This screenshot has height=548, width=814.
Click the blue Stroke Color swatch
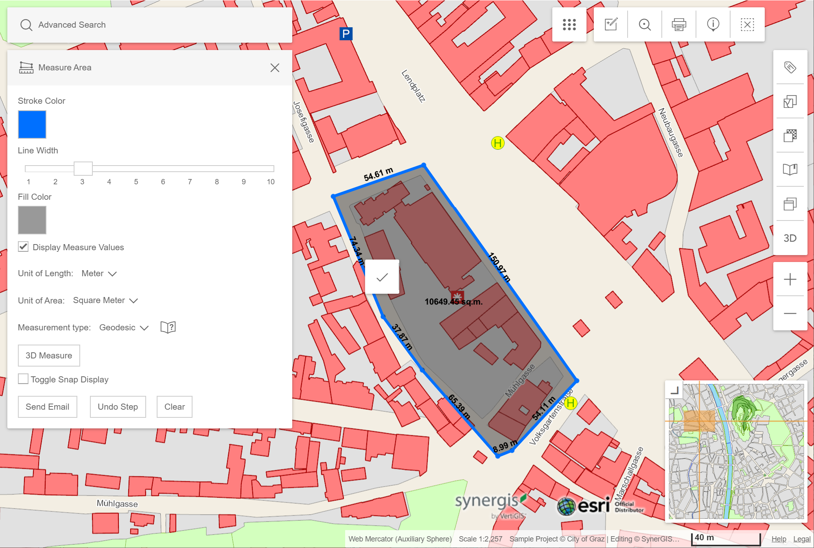point(32,124)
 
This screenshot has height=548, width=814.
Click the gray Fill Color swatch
point(32,220)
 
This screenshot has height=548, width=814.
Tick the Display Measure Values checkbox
point(23,247)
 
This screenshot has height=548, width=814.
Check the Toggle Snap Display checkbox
point(23,379)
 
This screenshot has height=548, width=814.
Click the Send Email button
point(47,406)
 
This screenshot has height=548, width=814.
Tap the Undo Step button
point(118,406)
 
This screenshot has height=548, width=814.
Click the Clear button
point(174,406)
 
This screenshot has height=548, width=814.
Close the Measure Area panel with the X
point(275,68)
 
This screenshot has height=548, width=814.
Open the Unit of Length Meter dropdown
point(99,273)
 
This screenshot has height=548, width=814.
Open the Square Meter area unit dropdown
point(105,300)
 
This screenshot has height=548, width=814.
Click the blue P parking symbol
point(346,34)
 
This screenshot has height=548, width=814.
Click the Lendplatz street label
point(413,86)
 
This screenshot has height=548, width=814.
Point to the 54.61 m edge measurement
point(378,174)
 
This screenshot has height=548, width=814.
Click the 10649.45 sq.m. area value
point(453,301)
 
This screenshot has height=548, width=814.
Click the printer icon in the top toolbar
point(678,24)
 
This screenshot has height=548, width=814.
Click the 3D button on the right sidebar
point(790,238)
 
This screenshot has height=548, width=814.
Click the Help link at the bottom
point(778,539)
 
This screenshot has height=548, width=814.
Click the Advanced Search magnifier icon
point(26,25)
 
